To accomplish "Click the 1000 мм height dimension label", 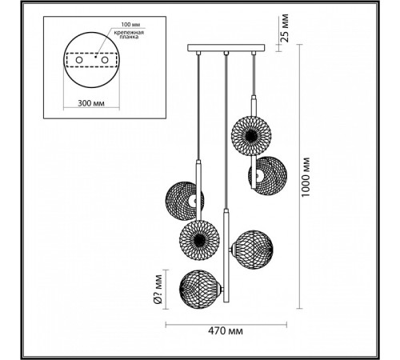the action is click(x=306, y=177).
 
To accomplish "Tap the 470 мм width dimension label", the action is click(x=226, y=331).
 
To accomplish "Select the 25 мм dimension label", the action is click(x=285, y=28).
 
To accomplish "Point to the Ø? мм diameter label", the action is click(x=158, y=290).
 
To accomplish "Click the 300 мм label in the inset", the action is click(x=91, y=103).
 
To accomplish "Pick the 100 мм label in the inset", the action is click(x=130, y=25).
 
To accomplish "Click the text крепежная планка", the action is click(x=129, y=34).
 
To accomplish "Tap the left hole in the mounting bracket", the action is click(x=79, y=60).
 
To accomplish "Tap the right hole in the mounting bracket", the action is click(x=105, y=60).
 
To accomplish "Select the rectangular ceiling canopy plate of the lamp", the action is click(x=226, y=48).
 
